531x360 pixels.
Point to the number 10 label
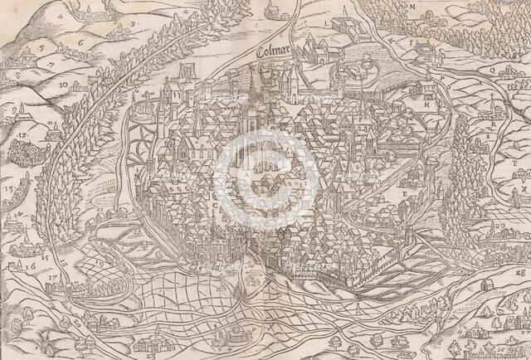point(63,85)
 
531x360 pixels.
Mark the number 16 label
point(31,268)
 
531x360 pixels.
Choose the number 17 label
point(53,275)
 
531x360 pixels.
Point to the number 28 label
point(522,271)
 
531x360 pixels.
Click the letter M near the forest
point(412,7)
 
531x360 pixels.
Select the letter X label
point(524,189)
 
